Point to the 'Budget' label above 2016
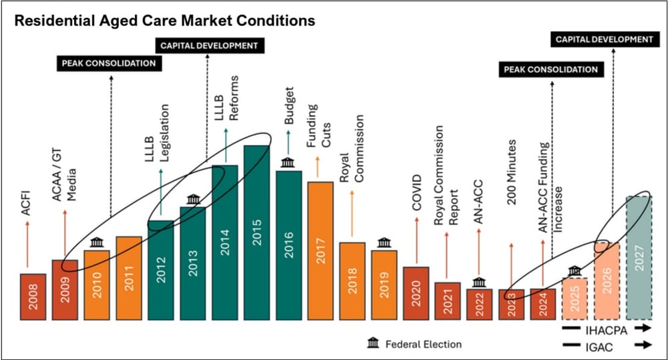[x=289, y=108]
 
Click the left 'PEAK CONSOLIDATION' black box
[x=109, y=63]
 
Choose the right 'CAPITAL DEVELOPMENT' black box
[x=605, y=39]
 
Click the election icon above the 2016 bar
[x=289, y=163]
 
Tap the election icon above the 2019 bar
[x=383, y=242]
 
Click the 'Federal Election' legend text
[x=423, y=344]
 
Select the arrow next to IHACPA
[x=643, y=329]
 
